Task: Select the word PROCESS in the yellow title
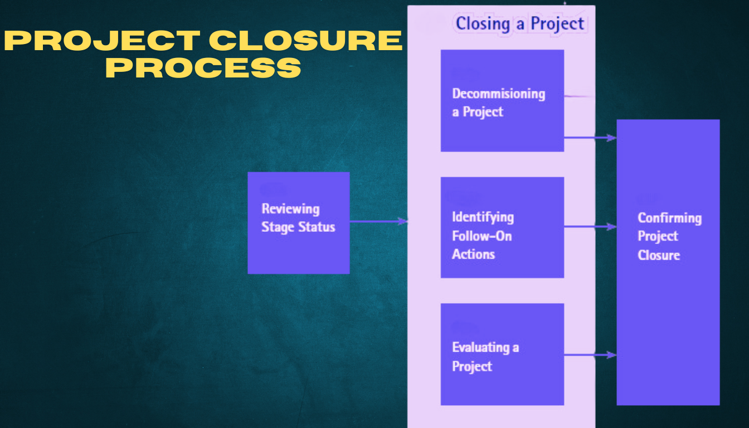203,68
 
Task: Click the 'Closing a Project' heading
519,24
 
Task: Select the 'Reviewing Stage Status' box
298,223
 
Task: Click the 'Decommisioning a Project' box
502,101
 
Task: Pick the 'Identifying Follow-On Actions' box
502,227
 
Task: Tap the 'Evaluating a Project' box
502,354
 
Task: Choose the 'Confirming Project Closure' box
668,262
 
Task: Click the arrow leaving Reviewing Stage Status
378,221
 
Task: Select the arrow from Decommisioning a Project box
590,137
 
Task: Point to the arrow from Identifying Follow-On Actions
590,227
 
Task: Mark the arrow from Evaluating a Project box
590,354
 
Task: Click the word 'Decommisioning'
498,93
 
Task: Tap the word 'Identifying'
483,217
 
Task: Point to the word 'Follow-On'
481,236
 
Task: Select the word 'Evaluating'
481,347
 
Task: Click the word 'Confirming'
669,218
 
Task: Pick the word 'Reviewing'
290,209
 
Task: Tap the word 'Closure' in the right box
659,255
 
